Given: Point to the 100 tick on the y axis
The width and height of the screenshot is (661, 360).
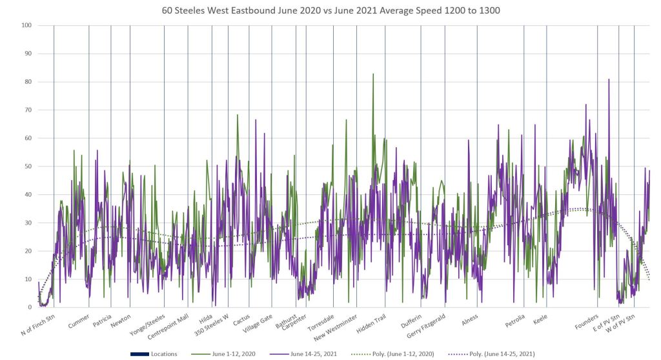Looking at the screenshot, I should click(26, 26).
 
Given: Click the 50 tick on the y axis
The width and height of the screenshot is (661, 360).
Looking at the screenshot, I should click(28, 166).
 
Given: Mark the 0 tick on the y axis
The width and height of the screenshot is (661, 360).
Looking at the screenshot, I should click(30, 308).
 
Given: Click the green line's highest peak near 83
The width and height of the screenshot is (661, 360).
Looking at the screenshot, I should click(373, 74).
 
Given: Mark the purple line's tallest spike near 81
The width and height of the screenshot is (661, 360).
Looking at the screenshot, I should click(608, 79).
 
